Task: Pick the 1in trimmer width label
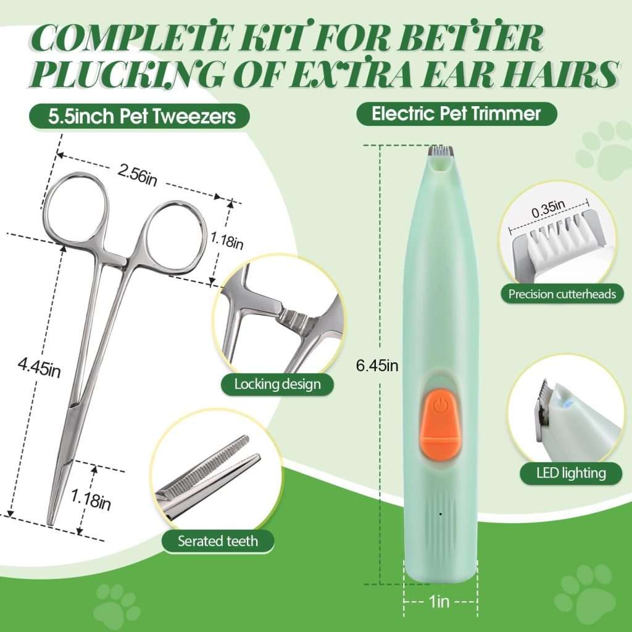click(x=440, y=602)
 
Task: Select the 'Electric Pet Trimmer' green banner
click(x=456, y=114)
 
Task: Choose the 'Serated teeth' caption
click(x=218, y=541)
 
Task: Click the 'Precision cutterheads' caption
click(x=562, y=294)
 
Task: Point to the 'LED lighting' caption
click(x=562, y=473)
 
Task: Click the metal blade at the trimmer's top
click(x=440, y=150)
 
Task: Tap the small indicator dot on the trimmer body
click(x=440, y=513)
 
